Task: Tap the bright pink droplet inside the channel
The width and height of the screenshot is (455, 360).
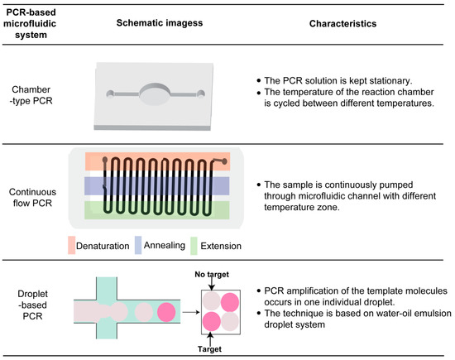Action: click(167, 312)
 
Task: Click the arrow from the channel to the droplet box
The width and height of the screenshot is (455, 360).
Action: click(189, 312)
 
